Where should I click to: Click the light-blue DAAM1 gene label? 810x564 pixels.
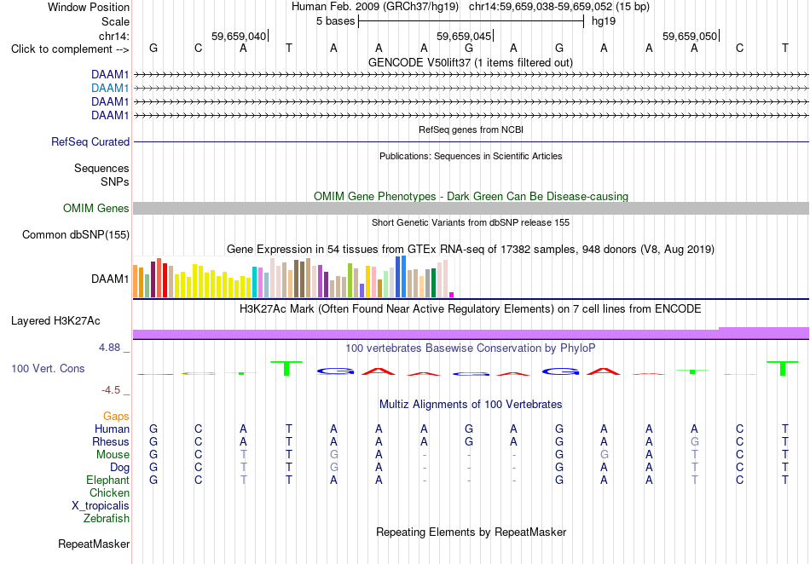click(110, 89)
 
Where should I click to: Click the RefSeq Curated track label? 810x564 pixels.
click(90, 142)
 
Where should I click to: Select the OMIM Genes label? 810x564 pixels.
click(96, 209)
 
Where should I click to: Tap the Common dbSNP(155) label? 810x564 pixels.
click(76, 235)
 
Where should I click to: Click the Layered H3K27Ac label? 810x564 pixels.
click(55, 321)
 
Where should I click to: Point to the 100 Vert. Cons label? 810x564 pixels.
click(48, 368)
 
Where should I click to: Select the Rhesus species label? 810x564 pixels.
click(111, 441)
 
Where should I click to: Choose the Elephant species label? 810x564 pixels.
click(108, 480)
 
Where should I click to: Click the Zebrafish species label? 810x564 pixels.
click(107, 518)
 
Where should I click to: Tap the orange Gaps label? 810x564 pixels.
click(116, 416)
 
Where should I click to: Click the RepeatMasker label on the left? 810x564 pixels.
click(94, 544)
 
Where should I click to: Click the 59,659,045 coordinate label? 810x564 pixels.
click(464, 36)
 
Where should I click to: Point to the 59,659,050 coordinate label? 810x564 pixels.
click(690, 36)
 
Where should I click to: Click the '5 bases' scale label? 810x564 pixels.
click(336, 21)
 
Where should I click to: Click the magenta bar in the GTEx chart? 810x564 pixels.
click(452, 295)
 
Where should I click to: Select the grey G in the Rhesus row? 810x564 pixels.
click(695, 441)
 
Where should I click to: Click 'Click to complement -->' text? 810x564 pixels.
click(70, 49)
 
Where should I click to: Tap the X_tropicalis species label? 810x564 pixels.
click(101, 506)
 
